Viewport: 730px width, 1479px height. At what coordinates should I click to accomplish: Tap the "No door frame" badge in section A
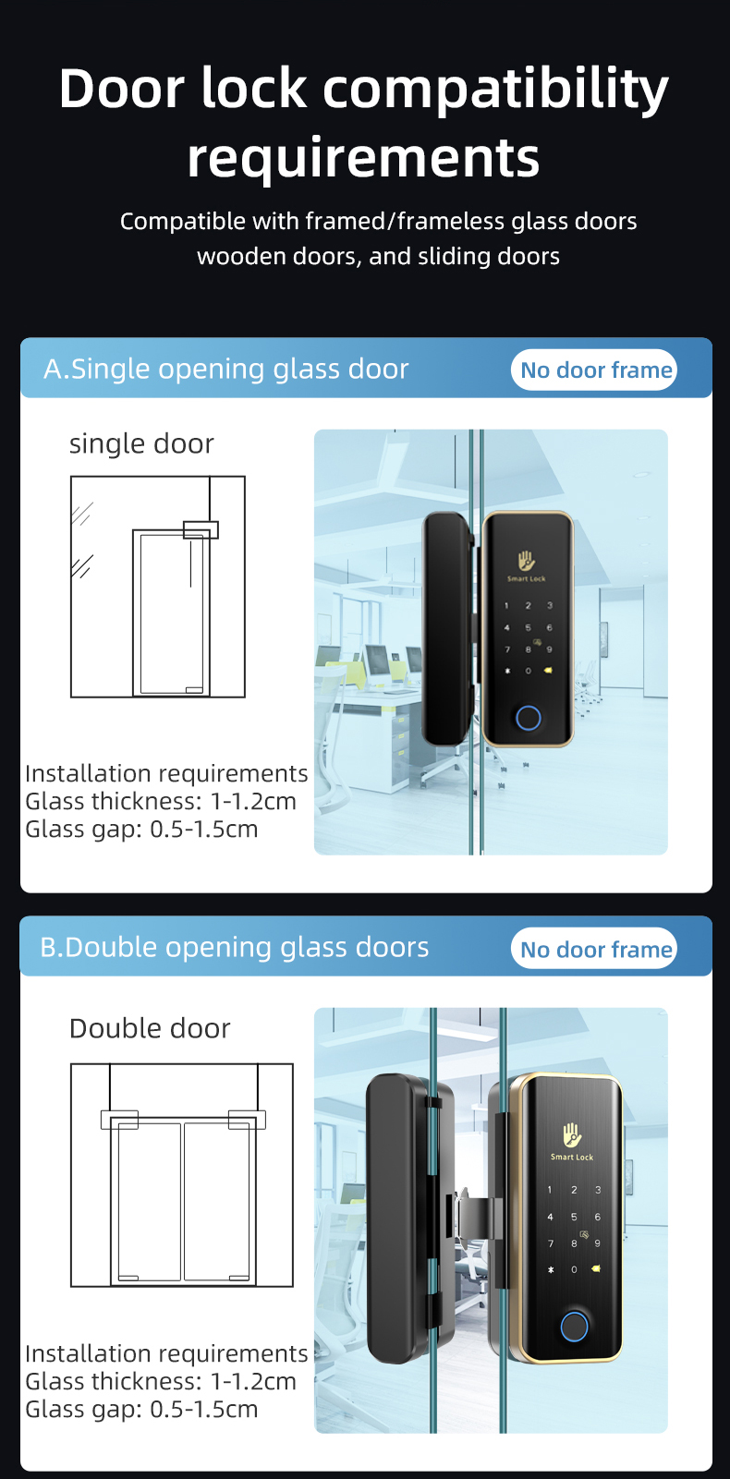click(594, 370)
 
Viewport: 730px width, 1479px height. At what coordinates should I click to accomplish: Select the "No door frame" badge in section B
click(594, 949)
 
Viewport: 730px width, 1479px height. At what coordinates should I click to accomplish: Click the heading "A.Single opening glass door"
click(226, 370)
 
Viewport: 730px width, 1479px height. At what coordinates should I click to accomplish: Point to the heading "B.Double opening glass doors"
click(235, 948)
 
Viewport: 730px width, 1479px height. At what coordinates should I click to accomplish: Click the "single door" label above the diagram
click(141, 443)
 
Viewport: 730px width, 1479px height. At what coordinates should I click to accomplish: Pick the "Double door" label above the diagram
click(150, 1029)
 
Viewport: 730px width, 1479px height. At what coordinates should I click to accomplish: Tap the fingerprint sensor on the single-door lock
click(528, 719)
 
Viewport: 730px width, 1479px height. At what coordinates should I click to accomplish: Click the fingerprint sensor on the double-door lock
click(574, 1327)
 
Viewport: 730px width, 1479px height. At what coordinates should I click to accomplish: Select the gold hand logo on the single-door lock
click(526, 561)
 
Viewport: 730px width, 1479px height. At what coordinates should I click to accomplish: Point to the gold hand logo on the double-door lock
click(571, 1135)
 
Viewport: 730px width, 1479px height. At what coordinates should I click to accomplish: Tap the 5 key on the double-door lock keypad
click(574, 1217)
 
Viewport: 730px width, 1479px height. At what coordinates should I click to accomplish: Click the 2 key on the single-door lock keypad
click(528, 605)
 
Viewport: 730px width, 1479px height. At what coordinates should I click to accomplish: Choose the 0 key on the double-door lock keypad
click(574, 1269)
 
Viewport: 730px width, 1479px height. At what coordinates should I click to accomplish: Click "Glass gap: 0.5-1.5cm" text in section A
click(141, 830)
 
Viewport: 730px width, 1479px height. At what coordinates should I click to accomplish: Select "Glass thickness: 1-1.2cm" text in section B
click(161, 1381)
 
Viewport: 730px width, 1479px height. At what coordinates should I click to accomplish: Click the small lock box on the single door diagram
click(201, 529)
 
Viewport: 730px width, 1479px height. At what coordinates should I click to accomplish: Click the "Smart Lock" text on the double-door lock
click(571, 1157)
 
